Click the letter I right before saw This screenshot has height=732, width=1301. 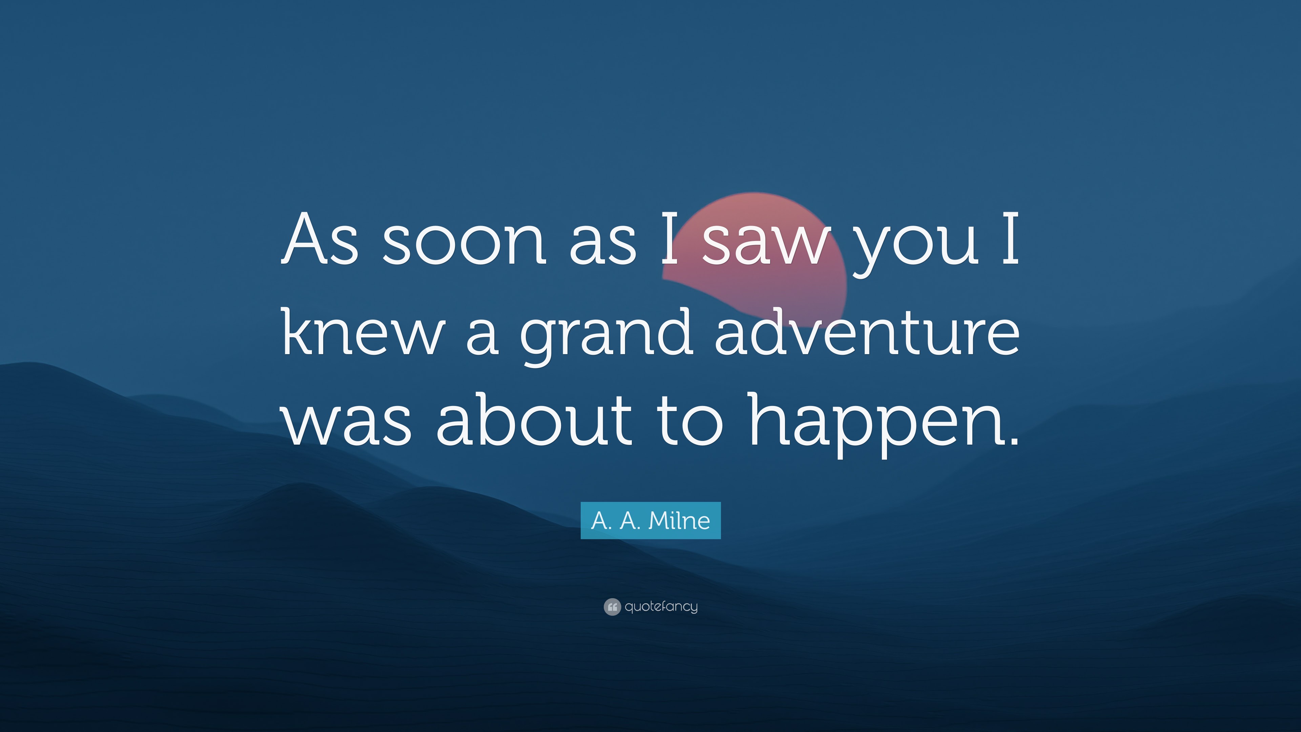point(670,239)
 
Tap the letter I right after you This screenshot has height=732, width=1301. point(1010,239)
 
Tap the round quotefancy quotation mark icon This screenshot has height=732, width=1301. point(612,607)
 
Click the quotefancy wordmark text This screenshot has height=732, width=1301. point(661,607)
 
